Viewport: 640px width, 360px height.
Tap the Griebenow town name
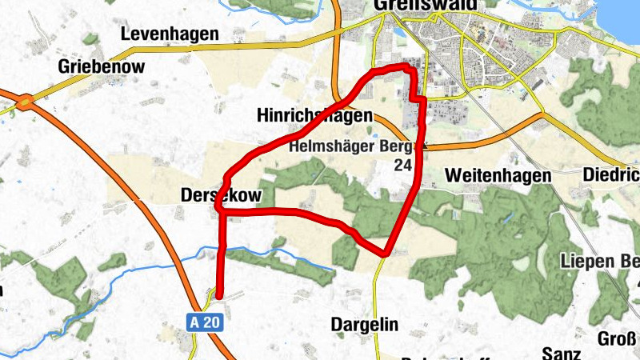[x=101, y=66]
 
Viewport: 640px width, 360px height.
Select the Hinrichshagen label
[x=314, y=116]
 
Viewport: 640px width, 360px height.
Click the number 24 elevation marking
[x=403, y=166]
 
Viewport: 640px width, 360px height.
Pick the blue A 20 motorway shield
[x=204, y=322]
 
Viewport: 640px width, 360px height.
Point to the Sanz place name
[x=560, y=352]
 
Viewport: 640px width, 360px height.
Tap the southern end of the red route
[x=218, y=296]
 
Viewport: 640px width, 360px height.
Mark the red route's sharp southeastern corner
[x=386, y=254]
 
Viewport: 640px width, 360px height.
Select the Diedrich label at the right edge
[x=610, y=174]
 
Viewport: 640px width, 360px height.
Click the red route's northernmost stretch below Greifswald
[x=392, y=70]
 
